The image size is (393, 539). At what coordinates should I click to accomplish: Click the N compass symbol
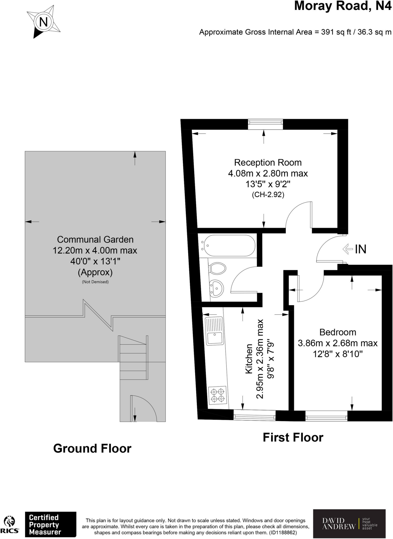pyautogui.click(x=43, y=22)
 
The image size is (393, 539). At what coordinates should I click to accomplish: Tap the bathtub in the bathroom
pyautogui.click(x=230, y=245)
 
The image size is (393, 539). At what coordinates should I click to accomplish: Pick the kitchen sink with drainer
pyautogui.click(x=215, y=331)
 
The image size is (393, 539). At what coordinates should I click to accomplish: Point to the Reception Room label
pyautogui.click(x=268, y=163)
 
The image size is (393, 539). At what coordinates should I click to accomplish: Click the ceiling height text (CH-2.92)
pyautogui.click(x=268, y=195)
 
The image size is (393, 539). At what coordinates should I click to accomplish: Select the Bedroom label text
pyautogui.click(x=337, y=332)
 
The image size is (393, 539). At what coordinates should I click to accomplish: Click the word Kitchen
pyautogui.click(x=249, y=358)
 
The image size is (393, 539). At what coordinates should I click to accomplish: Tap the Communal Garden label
pyautogui.click(x=95, y=239)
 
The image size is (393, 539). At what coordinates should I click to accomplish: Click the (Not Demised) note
pyautogui.click(x=95, y=282)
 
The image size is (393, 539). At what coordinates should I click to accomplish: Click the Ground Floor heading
pyautogui.click(x=92, y=448)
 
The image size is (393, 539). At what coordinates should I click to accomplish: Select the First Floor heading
pyautogui.click(x=293, y=437)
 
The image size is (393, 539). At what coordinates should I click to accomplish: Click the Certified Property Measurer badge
pyautogui.click(x=51, y=524)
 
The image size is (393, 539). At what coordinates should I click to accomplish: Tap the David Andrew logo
pyautogui.click(x=349, y=524)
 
